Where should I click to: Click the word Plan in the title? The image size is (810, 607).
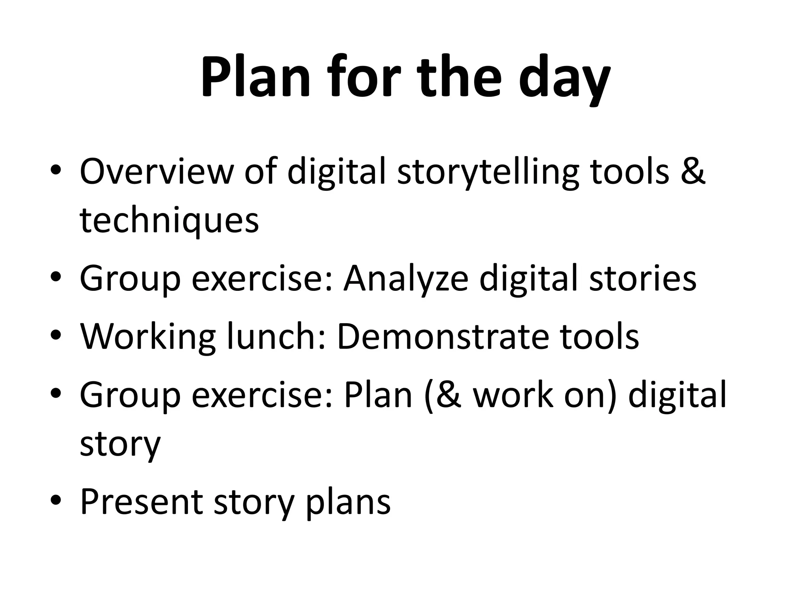[255, 77]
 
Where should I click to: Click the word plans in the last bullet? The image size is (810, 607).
[348, 504]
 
